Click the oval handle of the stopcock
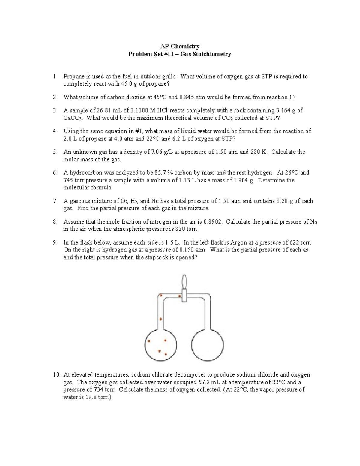tap(184, 281)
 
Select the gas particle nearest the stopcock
tap(180, 296)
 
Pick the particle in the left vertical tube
tap(161, 319)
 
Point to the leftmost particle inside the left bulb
tap(148, 341)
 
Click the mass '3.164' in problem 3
tap(283, 110)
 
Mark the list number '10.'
tap(57, 374)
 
